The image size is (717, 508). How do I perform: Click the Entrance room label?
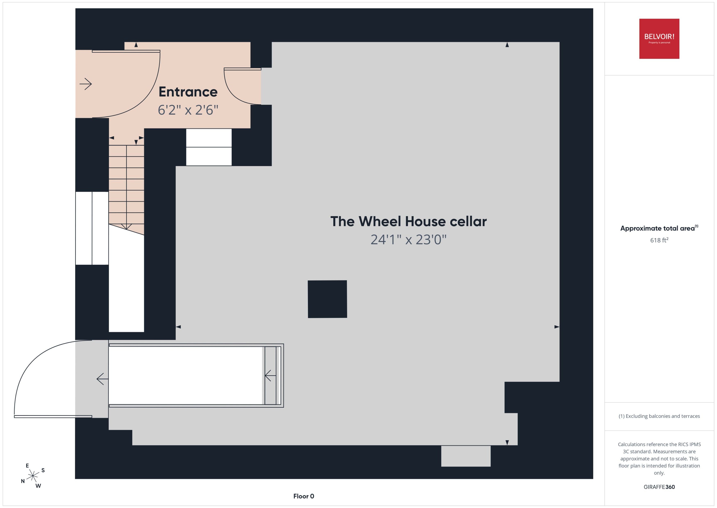(188, 92)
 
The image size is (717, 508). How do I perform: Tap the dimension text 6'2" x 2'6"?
(188, 110)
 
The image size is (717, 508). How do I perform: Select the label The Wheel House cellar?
(408, 221)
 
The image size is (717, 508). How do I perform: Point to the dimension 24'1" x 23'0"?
(408, 240)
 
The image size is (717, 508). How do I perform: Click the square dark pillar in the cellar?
(327, 299)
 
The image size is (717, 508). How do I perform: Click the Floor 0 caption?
(304, 496)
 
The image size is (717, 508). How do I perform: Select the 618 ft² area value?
(659, 240)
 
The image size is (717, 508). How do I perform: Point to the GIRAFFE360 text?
(659, 487)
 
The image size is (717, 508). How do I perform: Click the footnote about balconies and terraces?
(659, 416)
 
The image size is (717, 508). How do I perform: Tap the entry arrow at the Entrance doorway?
(86, 84)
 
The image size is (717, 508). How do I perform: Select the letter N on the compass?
(23, 481)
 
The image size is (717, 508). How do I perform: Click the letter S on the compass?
(43, 470)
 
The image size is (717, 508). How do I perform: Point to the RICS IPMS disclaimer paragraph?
(659, 459)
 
